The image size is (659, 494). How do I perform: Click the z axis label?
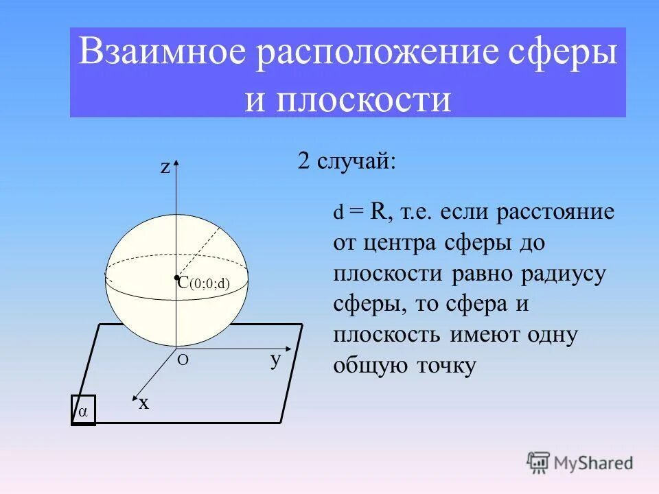165,168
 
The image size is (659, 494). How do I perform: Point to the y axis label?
275,359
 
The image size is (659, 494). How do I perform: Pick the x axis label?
143,403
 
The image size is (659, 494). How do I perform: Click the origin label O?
183,360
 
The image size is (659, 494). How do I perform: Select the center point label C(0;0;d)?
203,283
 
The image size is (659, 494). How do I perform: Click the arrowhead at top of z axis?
177,163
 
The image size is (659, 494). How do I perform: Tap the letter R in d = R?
378,211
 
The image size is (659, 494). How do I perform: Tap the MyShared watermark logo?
579,462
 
